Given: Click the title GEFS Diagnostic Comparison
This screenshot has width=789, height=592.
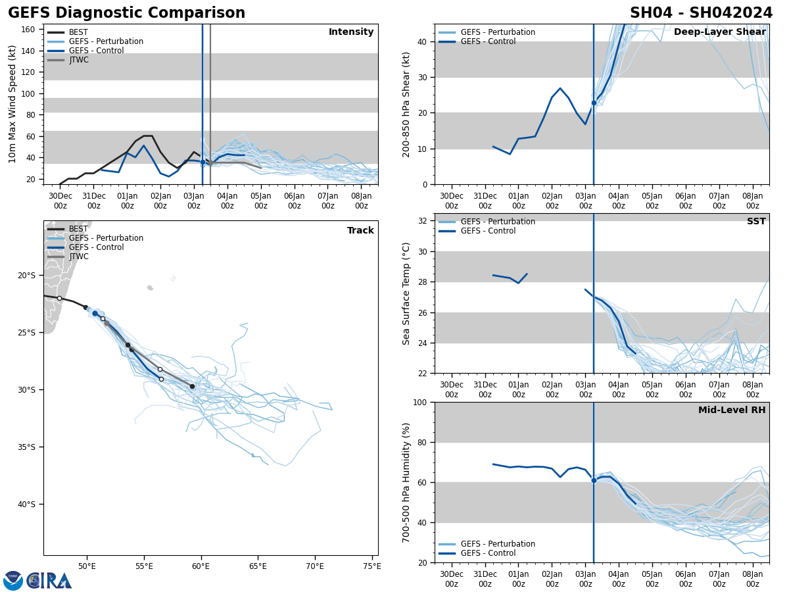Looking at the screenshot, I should (126, 13).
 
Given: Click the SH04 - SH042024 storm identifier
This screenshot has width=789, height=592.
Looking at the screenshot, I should (701, 13).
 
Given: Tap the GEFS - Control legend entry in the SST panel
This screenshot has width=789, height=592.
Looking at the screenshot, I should (488, 231).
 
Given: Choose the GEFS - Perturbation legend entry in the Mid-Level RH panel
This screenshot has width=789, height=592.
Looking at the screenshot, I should (498, 544).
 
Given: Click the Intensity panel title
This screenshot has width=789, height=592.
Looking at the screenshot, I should (351, 32).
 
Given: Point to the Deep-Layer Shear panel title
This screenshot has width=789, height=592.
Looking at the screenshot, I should (719, 32).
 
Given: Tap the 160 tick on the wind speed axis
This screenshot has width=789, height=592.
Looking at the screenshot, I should (28, 30).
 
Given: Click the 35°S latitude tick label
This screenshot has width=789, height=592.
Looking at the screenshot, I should (26, 447).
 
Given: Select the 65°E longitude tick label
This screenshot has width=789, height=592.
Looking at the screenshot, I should (258, 566).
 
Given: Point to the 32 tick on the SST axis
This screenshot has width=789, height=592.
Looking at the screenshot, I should (423, 221).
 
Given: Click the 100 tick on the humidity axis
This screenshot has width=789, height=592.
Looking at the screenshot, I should (420, 403).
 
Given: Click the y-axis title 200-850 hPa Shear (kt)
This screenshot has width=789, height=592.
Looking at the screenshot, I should (407, 104).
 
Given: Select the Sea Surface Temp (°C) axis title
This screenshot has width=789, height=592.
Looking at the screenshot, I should (407, 293).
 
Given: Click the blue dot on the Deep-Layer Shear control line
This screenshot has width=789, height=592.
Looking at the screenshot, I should (594, 103).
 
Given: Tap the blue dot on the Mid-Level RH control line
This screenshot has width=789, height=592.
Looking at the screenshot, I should (594, 480).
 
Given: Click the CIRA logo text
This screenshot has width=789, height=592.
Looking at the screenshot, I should (49, 581).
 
